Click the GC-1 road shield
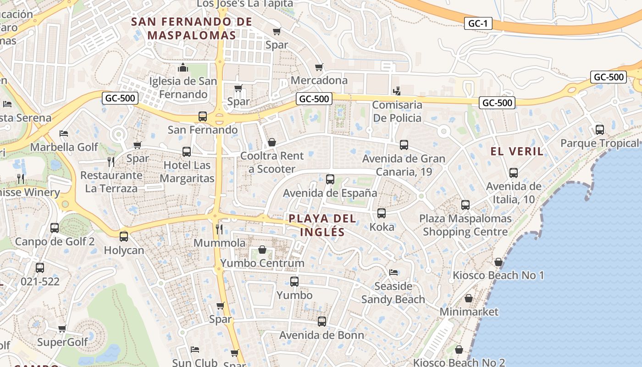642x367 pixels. (478, 23)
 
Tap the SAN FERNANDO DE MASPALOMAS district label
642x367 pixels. (192, 28)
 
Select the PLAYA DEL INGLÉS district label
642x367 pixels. (322, 225)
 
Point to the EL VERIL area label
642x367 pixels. (517, 151)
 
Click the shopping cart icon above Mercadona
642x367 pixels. (319, 67)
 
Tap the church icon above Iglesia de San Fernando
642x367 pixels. (183, 68)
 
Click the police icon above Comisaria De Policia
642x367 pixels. (397, 91)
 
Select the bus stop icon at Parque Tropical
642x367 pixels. (599, 129)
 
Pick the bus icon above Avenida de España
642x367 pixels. (330, 179)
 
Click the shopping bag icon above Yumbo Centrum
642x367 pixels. (262, 250)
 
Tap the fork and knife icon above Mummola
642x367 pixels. (219, 229)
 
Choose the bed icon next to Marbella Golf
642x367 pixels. (64, 133)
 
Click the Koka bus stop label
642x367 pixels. (382, 227)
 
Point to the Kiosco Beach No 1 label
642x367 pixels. (498, 275)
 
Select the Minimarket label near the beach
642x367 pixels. (469, 312)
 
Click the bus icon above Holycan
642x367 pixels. (124, 237)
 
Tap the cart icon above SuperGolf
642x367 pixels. (62, 328)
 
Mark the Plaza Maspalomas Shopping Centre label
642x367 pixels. (465, 225)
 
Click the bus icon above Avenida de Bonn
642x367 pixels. (322, 322)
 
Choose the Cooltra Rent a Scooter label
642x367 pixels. (272, 162)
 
